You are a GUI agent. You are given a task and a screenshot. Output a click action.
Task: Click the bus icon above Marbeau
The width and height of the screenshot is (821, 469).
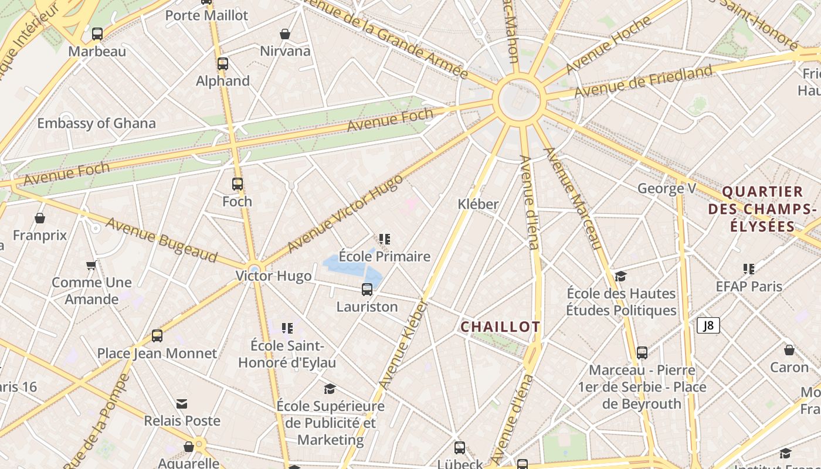[x=97, y=34]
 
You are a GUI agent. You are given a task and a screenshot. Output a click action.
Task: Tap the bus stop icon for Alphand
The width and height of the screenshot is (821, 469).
[x=223, y=64]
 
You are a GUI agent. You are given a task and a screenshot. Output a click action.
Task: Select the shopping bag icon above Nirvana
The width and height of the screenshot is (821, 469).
[x=285, y=35]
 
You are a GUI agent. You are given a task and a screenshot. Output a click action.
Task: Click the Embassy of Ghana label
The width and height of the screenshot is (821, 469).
[x=97, y=123]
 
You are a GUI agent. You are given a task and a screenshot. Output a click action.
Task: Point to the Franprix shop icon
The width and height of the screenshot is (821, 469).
[x=40, y=219]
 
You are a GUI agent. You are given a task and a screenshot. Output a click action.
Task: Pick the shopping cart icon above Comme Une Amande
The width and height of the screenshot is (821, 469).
[x=91, y=266]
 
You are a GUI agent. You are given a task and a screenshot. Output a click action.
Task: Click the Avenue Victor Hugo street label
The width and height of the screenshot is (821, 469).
[x=345, y=213]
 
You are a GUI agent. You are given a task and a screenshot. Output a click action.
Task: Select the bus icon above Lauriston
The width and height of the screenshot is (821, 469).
[x=367, y=289]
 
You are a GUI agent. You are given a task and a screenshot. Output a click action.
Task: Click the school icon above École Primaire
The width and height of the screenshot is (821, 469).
[x=385, y=239]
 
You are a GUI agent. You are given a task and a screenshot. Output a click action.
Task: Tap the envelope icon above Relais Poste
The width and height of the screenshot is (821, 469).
[x=182, y=404]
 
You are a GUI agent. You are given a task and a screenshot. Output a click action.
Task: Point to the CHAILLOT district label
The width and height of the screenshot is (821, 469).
[x=500, y=327]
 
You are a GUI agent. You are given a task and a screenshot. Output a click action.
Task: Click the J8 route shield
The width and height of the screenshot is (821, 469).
[x=708, y=325]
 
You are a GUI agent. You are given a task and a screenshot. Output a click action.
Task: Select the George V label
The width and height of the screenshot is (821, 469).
[x=667, y=188]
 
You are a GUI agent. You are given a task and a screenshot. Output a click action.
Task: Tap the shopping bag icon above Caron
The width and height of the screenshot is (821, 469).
[x=789, y=350]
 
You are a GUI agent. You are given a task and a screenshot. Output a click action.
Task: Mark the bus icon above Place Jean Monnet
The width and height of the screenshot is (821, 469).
[x=157, y=336]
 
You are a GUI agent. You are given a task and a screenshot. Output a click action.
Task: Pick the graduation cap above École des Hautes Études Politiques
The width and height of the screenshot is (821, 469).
[x=620, y=276]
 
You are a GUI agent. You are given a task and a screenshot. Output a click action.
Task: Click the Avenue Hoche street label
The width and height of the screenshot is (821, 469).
[x=608, y=45]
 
